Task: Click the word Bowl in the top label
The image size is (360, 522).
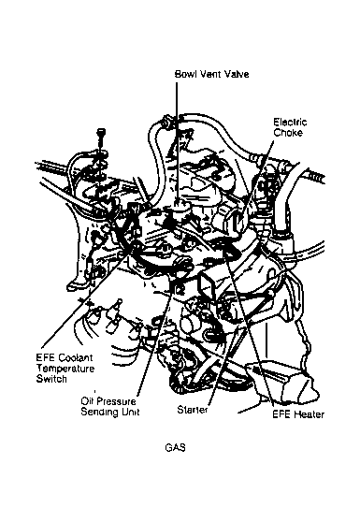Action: pyautogui.click(x=184, y=74)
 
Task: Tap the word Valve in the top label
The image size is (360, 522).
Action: pyautogui.click(x=237, y=74)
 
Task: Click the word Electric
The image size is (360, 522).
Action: pyautogui.click(x=290, y=123)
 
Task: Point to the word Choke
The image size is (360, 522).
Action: pyautogui.click(x=288, y=133)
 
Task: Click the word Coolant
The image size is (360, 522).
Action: pyautogui.click(x=76, y=358)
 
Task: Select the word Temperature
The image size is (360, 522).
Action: pyautogui.click(x=65, y=369)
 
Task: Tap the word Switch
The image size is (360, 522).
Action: pyautogui.click(x=51, y=379)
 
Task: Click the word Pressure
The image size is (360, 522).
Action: pyautogui.click(x=117, y=401)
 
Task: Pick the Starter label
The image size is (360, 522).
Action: pyautogui.click(x=193, y=409)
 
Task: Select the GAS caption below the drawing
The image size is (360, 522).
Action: pyautogui.click(x=175, y=448)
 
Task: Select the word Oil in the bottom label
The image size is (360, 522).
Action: pyautogui.click(x=87, y=401)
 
